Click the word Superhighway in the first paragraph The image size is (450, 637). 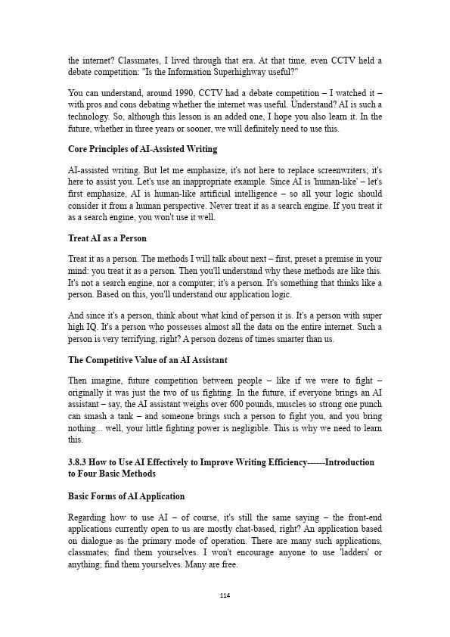click(224, 73)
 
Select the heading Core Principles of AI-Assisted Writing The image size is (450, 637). click(142, 149)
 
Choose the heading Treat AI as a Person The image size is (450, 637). click(107, 238)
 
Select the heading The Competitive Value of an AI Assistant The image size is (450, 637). click(147, 360)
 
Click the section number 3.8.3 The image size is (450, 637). click(79, 461)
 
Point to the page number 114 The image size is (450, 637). click(225, 595)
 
